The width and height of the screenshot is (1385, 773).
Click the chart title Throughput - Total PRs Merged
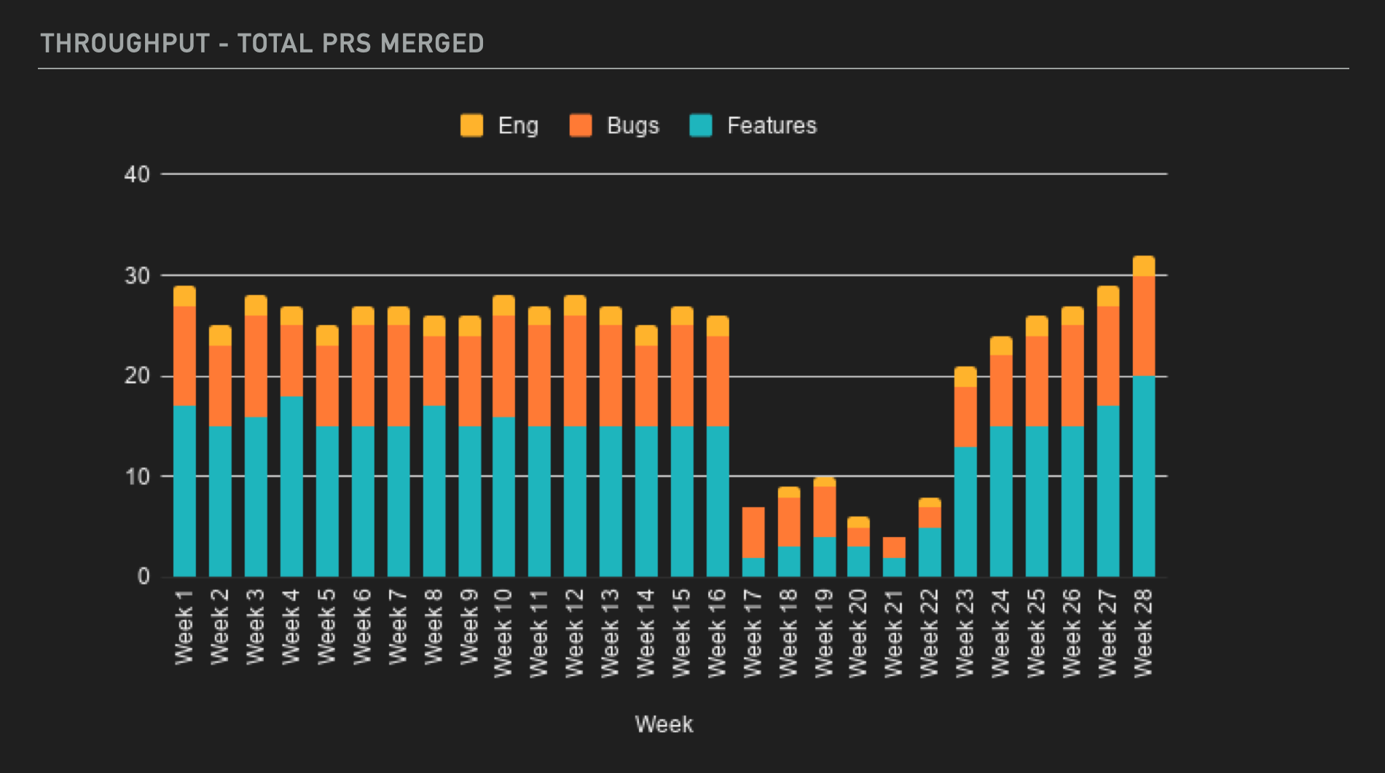pyautogui.click(x=262, y=44)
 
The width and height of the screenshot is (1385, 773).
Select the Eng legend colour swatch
pyautogui.click(x=471, y=125)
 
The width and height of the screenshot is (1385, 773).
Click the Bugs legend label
pyautogui.click(x=632, y=125)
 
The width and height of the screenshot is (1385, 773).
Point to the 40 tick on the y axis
pyautogui.click(x=137, y=174)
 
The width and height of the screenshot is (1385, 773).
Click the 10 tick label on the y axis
pyautogui.click(x=137, y=477)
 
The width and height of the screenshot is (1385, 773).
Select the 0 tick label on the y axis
pyautogui.click(x=144, y=576)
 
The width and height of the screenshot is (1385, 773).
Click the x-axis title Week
pyautogui.click(x=664, y=724)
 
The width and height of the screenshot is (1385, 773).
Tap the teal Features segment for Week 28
pyautogui.click(x=1144, y=477)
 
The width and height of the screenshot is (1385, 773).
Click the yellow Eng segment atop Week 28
pyautogui.click(x=1144, y=266)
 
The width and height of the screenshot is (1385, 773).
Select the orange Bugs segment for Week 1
pyautogui.click(x=184, y=356)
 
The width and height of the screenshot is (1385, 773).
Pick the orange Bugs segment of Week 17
pyautogui.click(x=753, y=532)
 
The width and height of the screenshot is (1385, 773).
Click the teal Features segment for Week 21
pyautogui.click(x=894, y=567)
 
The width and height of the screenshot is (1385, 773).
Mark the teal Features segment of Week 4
pyautogui.click(x=291, y=487)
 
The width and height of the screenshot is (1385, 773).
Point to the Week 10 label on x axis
pyautogui.click(x=503, y=633)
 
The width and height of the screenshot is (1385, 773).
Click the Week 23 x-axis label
pyautogui.click(x=965, y=633)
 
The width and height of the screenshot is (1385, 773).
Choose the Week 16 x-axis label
pyautogui.click(x=717, y=633)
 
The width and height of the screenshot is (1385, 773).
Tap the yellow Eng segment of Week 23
pyautogui.click(x=965, y=377)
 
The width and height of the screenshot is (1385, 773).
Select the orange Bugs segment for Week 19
pyautogui.click(x=824, y=511)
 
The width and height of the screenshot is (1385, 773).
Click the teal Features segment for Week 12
pyautogui.click(x=575, y=501)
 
